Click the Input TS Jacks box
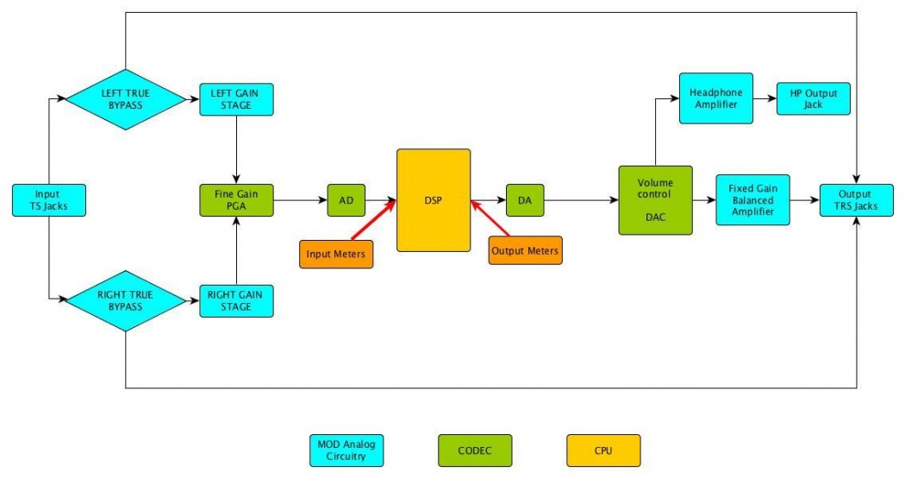click(48, 200)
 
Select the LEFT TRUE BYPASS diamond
click(127, 99)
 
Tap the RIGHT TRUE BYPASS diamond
click(127, 299)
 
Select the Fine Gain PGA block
click(236, 200)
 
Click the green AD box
click(346, 200)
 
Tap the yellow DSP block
click(434, 200)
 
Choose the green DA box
click(525, 200)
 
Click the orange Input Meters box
click(336, 254)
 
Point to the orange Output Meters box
click(525, 251)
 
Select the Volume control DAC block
click(655, 200)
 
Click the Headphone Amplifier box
click(715, 98)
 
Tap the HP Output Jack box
click(813, 98)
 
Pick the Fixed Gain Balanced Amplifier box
click(752, 200)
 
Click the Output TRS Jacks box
click(855, 200)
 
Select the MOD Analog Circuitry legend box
click(346, 450)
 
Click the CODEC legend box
click(475, 450)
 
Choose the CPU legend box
click(603, 450)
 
